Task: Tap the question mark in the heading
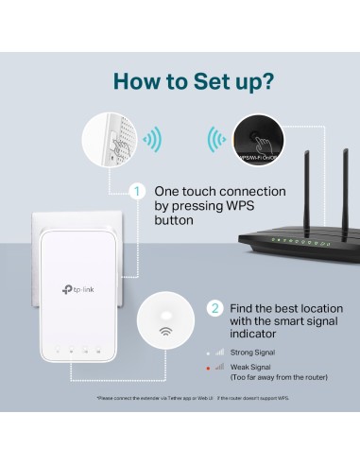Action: (x=268, y=79)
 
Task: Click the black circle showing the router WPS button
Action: (x=249, y=139)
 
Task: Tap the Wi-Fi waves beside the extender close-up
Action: (x=151, y=140)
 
